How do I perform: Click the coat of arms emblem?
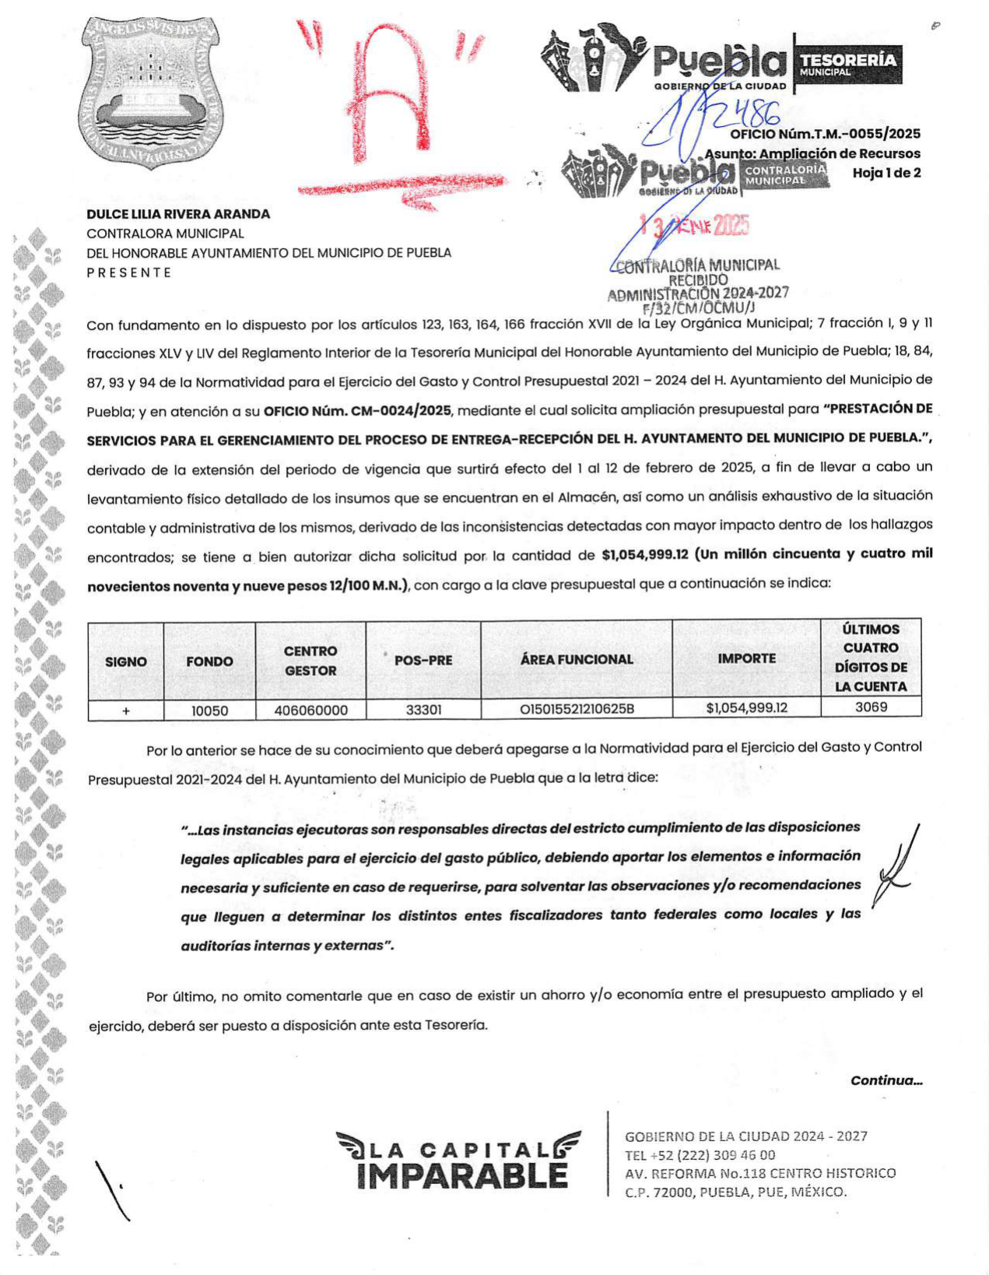[x=150, y=91]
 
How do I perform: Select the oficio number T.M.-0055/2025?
[x=825, y=134]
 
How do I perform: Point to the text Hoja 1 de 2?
[x=886, y=173]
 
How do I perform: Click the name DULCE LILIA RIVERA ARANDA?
[x=178, y=214]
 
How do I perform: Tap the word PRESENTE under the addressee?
[x=128, y=272]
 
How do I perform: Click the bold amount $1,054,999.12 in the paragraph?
[x=645, y=555]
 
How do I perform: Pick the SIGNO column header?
[x=125, y=662]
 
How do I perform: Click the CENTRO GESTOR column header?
[x=310, y=660]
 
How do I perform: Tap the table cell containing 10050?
[x=209, y=710]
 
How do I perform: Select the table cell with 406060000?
[x=310, y=710]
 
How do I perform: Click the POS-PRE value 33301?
[x=423, y=710]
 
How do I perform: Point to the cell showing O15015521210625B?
[x=577, y=709]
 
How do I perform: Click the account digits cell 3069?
[x=871, y=707]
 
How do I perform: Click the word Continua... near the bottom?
[x=886, y=1080]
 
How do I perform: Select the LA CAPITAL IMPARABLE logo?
[x=459, y=1160]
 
